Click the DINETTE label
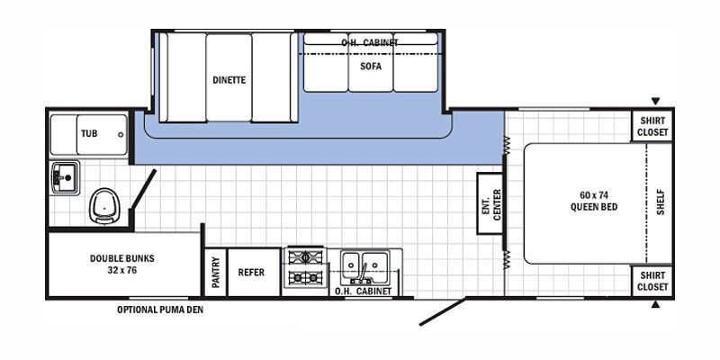[229, 80]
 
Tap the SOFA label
[371, 66]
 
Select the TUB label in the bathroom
[89, 133]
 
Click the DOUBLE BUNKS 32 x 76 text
[121, 264]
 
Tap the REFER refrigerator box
[251, 272]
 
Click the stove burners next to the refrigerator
[305, 267]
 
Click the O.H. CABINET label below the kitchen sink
[363, 291]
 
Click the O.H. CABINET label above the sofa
[369, 42]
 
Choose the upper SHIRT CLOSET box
[653, 126]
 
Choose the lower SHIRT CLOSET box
[653, 281]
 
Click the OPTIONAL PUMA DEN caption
[160, 310]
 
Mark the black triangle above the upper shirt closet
[656, 101]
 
